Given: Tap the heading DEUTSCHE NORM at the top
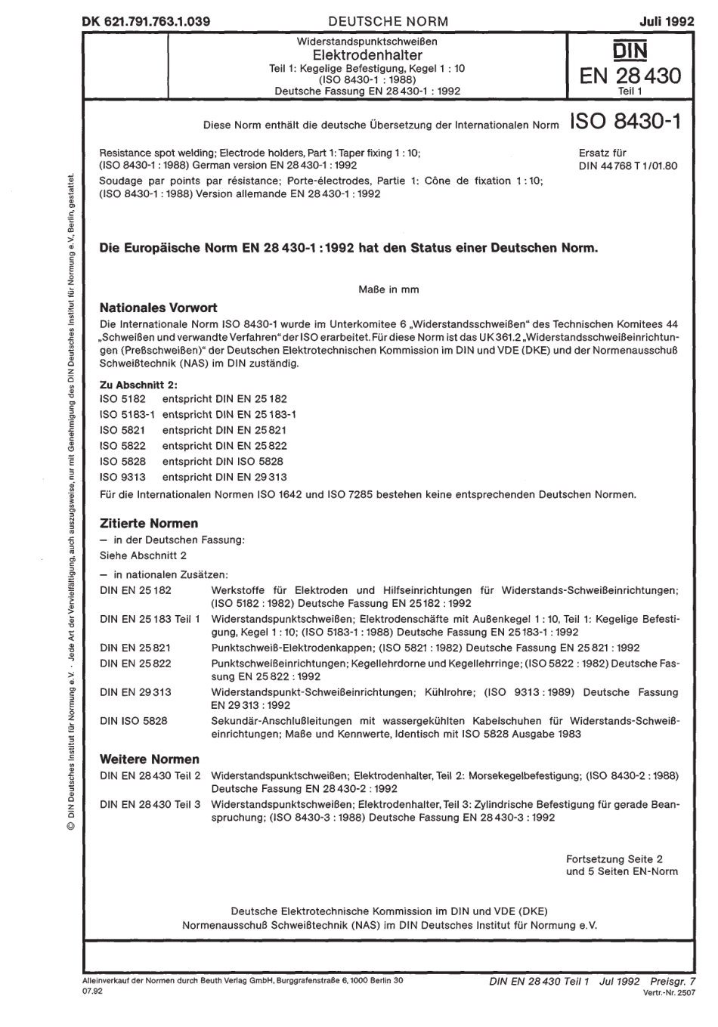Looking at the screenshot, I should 388,22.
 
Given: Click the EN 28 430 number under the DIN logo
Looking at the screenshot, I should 630,76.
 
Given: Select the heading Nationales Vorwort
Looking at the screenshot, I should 159,308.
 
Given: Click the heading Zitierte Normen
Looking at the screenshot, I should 149,523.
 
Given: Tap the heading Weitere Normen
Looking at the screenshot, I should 150,759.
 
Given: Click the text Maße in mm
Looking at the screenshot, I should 388,289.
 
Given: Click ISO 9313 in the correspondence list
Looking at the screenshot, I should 122,477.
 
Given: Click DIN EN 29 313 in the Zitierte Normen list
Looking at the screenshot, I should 135,691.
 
